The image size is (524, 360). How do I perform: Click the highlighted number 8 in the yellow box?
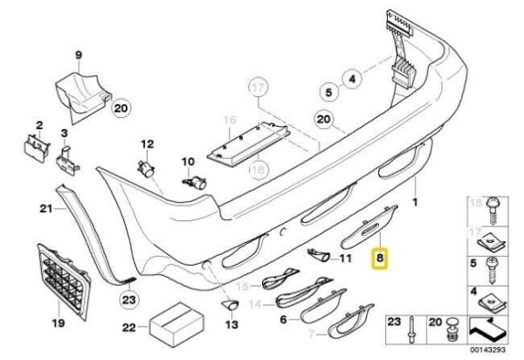[x=379, y=260]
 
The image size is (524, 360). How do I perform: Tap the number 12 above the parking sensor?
[x=147, y=144]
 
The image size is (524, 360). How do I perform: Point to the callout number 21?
[x=45, y=209]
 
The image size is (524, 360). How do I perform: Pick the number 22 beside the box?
[x=130, y=329]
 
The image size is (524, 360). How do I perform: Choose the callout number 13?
[x=231, y=323]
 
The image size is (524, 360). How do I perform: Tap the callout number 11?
[x=344, y=260]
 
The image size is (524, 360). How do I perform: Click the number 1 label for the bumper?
[x=417, y=201]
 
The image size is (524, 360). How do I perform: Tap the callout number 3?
[x=63, y=134]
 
